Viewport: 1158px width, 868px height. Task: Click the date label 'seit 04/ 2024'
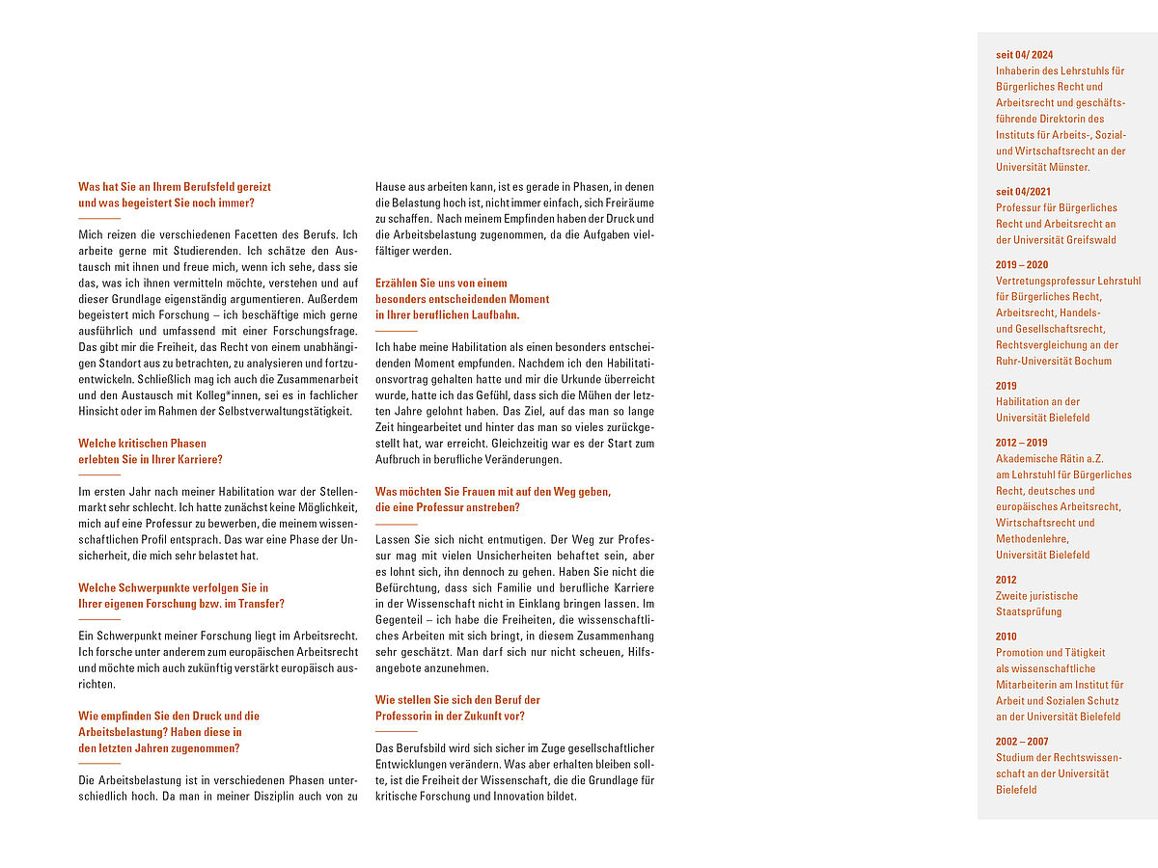click(1024, 55)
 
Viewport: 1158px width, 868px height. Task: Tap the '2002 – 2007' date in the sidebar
click(1022, 742)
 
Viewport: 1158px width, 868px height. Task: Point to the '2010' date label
click(1006, 637)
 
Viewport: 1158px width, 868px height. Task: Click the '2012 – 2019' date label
click(1022, 443)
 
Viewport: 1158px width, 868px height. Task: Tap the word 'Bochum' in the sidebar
click(1092, 361)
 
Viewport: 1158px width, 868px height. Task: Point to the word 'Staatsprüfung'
click(1029, 611)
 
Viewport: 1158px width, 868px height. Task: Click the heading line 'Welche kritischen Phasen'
click(142, 444)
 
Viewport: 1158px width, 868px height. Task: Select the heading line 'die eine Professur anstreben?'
click(448, 507)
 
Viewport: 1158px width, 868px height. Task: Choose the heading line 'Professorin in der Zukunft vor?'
click(450, 716)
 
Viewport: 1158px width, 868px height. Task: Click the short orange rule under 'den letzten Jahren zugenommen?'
click(99, 764)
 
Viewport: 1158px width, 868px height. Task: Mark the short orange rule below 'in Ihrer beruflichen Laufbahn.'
click(397, 331)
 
